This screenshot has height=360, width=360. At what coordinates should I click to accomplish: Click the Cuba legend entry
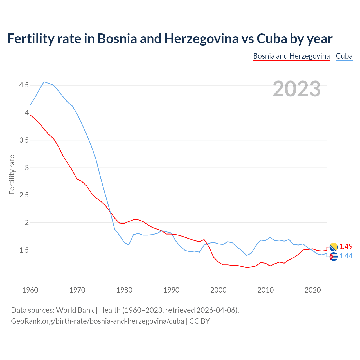(344, 56)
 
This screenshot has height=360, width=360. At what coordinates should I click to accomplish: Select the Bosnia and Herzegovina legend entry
(291, 56)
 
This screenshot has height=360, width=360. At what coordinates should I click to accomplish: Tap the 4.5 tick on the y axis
(24, 85)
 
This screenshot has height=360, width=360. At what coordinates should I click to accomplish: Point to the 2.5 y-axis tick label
(24, 195)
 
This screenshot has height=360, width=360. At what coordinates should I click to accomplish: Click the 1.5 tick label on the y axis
(24, 250)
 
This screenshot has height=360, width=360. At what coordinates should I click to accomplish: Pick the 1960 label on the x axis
(30, 290)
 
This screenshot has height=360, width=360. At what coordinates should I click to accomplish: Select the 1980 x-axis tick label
(124, 290)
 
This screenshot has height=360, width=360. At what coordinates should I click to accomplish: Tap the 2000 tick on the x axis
(219, 290)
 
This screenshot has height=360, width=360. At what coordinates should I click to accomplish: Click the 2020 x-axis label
(312, 290)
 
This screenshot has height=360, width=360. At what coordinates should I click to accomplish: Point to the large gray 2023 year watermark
(297, 89)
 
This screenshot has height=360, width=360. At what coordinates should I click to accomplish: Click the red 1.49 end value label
(346, 246)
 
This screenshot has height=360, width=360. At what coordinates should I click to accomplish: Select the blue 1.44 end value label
(346, 256)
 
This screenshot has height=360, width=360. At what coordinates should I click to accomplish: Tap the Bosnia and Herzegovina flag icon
(334, 247)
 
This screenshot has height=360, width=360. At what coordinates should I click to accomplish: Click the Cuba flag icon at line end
(334, 256)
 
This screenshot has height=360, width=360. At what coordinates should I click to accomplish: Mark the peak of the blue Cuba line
(44, 82)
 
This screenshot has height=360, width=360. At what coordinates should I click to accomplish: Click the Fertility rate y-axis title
(12, 174)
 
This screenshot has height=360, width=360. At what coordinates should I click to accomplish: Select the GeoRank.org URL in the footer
(97, 321)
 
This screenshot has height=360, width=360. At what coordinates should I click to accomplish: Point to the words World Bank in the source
(75, 310)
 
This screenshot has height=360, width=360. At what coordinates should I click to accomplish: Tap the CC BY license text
(200, 321)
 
